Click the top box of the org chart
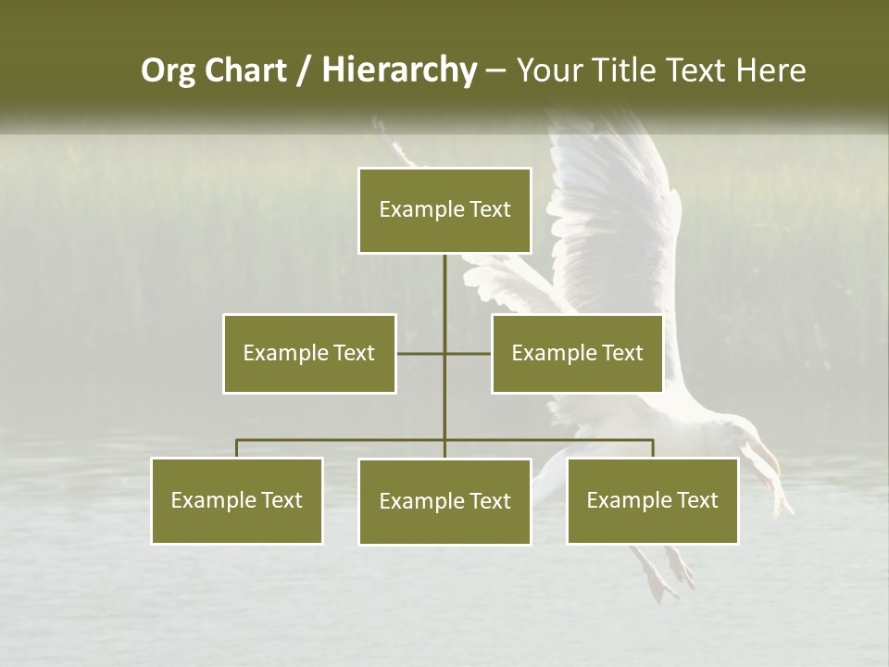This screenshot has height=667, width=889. tap(444, 210)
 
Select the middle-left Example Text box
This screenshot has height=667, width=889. tap(309, 353)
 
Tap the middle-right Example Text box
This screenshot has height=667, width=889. tap(577, 353)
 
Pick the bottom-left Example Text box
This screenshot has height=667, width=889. tap(237, 500)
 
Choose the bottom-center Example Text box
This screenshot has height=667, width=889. tap(444, 501)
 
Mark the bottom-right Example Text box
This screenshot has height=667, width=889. tap(652, 500)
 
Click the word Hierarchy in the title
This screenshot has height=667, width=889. tap(399, 69)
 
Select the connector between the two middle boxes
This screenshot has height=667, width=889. tap(444, 353)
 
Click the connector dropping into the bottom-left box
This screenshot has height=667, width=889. tap(237, 448)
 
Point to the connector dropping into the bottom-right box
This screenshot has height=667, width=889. tap(653, 448)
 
